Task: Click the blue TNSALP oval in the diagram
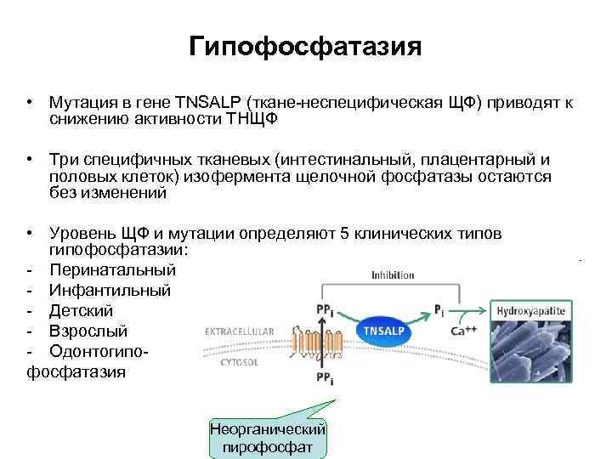point(385,330)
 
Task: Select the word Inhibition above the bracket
point(393,275)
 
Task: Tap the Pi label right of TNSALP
point(439,310)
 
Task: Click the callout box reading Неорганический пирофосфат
point(268,438)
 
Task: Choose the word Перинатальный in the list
point(113,270)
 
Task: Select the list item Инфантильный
point(110,291)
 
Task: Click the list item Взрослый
point(88,331)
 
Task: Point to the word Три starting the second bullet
point(64,161)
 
